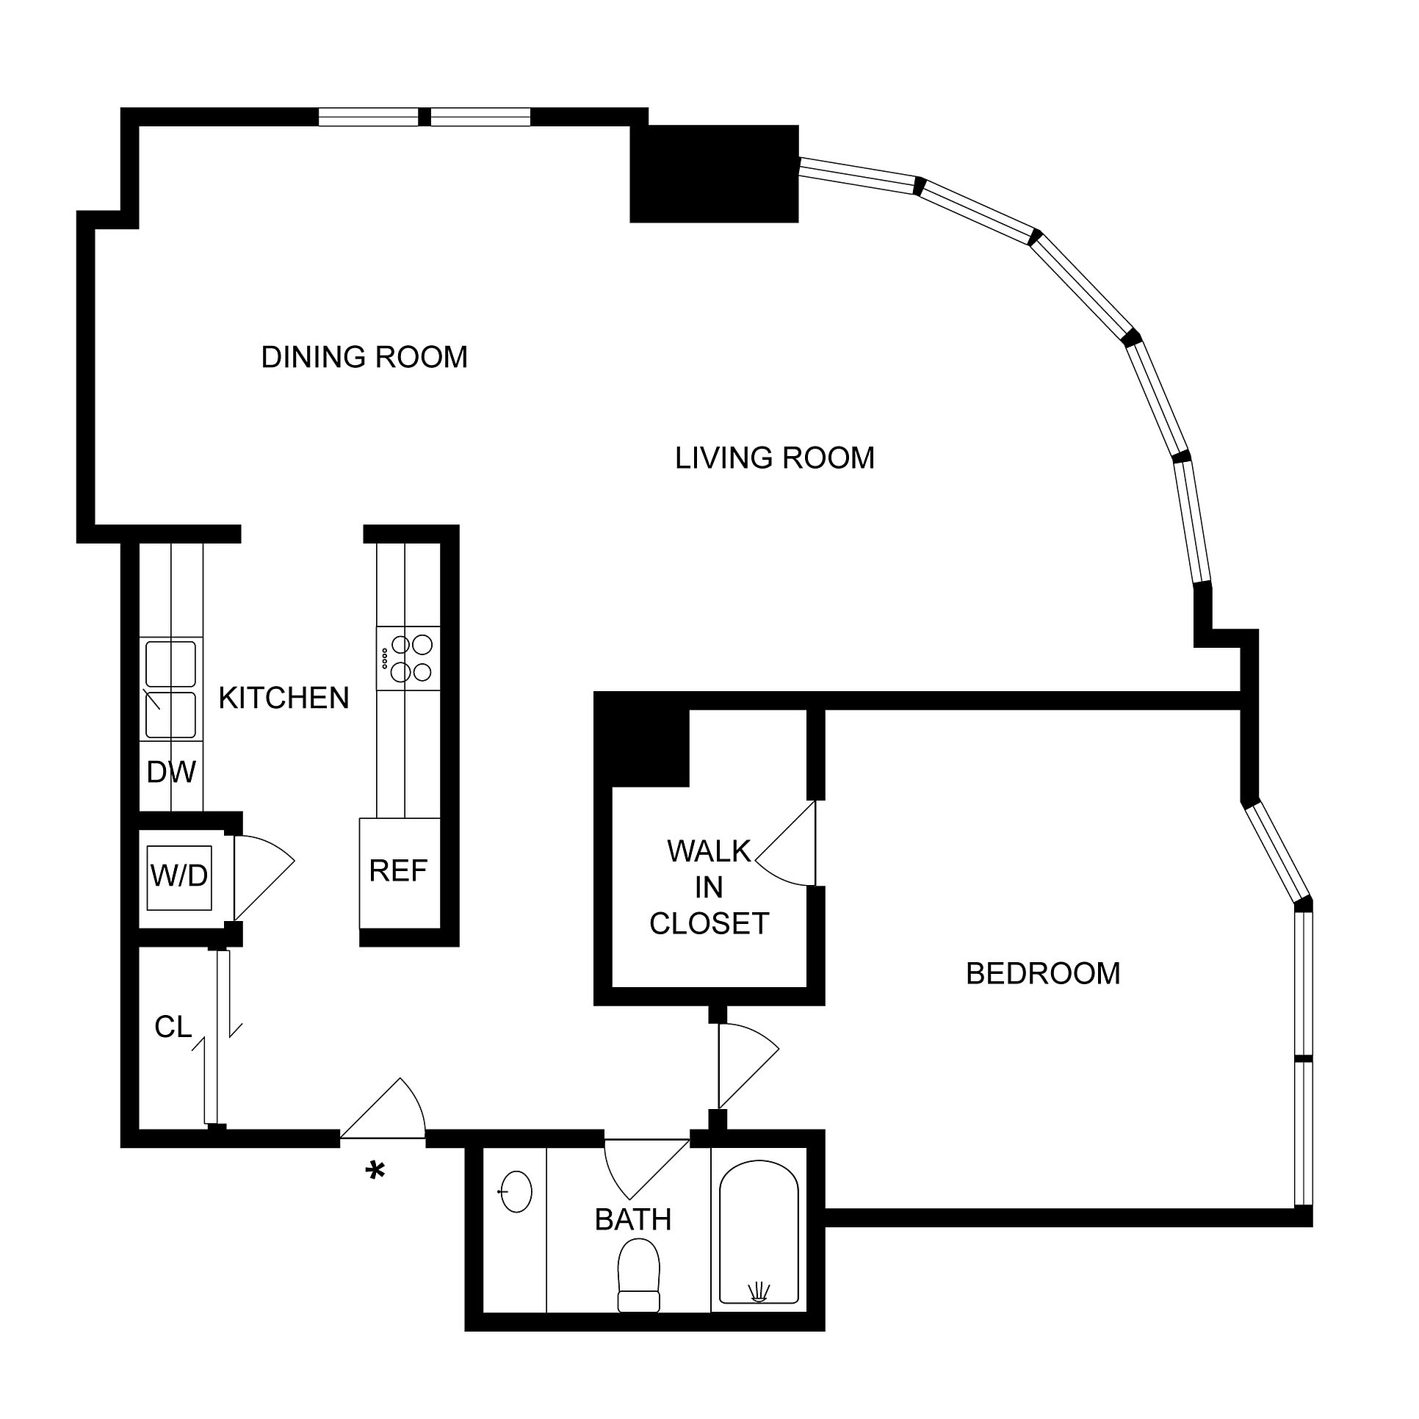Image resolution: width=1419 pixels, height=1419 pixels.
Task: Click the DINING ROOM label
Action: tap(364, 358)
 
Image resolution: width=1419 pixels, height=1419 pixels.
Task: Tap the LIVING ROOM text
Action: tap(774, 458)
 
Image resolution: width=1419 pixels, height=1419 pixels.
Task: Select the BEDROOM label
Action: tap(1042, 974)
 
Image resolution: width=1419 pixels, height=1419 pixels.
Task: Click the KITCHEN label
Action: tap(284, 698)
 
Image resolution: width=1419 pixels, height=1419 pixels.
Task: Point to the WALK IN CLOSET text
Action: tap(709, 887)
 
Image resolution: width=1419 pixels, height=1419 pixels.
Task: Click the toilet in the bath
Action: tap(638, 1274)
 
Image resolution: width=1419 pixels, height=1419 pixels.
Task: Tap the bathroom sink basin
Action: tap(516, 1191)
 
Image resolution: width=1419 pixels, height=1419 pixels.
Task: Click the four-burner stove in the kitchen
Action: tap(408, 658)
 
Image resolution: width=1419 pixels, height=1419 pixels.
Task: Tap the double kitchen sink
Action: tap(170, 690)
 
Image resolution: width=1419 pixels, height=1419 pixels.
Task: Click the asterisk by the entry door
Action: tap(375, 1171)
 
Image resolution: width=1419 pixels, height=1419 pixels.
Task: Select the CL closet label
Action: tap(173, 1028)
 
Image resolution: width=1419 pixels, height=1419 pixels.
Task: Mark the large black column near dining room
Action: tap(714, 174)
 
